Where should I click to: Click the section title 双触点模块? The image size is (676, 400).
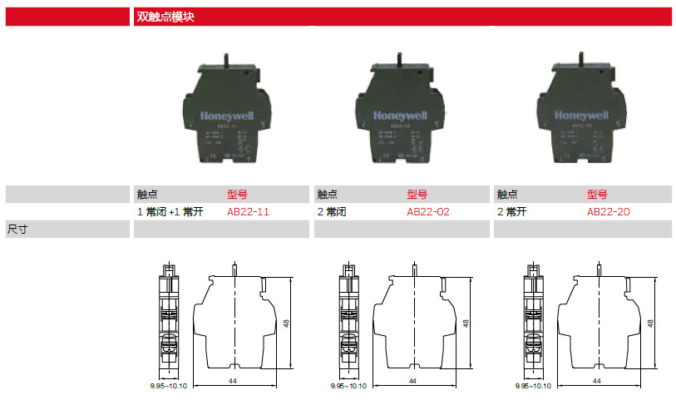[x=165, y=16]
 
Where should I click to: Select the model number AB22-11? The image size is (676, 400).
[x=248, y=212]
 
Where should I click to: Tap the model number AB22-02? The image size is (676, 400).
[x=428, y=212]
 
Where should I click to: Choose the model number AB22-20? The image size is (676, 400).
[x=609, y=212]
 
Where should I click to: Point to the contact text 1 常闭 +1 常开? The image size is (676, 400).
[x=170, y=212]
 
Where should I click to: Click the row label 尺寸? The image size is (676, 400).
[x=17, y=229]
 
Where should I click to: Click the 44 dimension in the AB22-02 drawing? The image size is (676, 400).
[x=412, y=380]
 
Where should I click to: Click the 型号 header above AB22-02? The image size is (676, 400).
[x=417, y=195]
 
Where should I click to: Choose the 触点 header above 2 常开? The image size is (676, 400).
[x=507, y=195]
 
